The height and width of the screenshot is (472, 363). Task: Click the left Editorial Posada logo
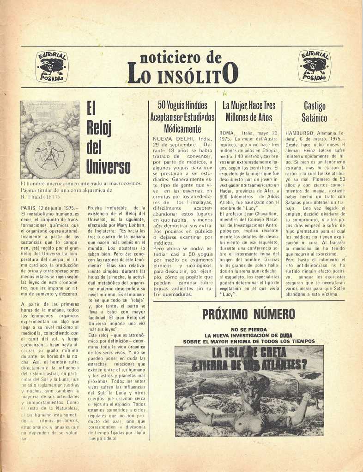click(x=52, y=66)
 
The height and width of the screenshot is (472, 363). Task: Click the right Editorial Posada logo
click(x=314, y=66)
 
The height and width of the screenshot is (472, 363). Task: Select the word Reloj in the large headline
click(x=99, y=129)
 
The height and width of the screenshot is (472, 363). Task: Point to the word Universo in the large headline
click(x=108, y=167)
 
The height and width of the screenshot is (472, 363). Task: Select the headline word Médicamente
click(x=182, y=129)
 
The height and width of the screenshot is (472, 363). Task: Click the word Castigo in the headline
click(x=315, y=106)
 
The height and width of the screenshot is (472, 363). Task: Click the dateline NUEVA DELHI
click(x=171, y=138)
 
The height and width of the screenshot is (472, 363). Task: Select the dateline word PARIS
click(x=30, y=208)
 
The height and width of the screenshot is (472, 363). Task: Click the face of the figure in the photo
click(x=250, y=393)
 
